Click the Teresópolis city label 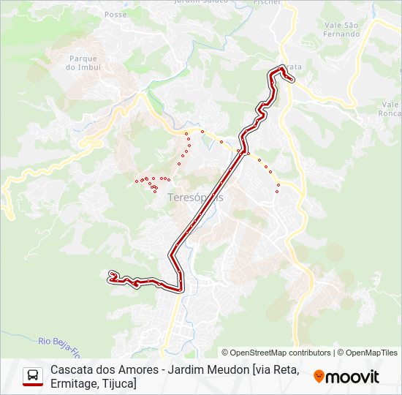click(195, 197)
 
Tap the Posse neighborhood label click(115, 14)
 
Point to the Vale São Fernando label click(341, 29)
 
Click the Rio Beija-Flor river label click(62, 342)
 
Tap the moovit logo click(346, 377)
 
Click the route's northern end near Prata click(290, 80)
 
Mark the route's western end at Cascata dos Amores click(111, 275)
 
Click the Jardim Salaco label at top click(200, 2)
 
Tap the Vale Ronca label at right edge click(390, 108)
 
